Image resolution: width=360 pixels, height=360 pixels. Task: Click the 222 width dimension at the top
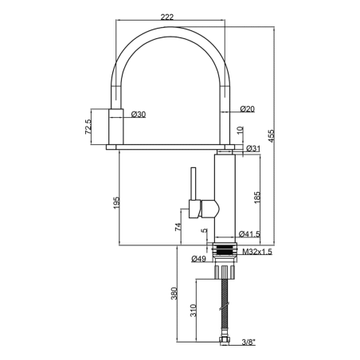(167, 17)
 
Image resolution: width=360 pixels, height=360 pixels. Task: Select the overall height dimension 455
(272, 136)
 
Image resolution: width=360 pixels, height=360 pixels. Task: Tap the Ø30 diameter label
(139, 115)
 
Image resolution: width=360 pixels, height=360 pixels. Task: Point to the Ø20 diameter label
(247, 109)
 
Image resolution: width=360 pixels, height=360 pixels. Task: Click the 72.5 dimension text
(88, 127)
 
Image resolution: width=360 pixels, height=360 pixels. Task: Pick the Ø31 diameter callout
(253, 149)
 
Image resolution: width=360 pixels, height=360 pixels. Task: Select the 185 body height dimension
(257, 198)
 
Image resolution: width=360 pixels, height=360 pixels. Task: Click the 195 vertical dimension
(117, 202)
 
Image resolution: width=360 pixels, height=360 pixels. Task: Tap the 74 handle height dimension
(178, 227)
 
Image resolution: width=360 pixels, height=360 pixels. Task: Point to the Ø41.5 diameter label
(249, 234)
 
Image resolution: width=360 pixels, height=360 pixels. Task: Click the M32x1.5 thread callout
(257, 252)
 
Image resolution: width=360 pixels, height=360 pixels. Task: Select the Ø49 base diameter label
(198, 259)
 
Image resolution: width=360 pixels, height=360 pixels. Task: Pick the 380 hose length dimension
(174, 293)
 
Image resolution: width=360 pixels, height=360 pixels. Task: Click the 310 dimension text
(194, 311)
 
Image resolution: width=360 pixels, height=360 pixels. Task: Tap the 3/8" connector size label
(248, 342)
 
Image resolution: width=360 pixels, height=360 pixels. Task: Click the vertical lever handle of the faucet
(194, 183)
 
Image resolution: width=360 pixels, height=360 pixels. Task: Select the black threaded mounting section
(225, 250)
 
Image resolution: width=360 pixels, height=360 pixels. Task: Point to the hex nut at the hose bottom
(225, 341)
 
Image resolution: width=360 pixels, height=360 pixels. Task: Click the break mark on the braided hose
(225, 306)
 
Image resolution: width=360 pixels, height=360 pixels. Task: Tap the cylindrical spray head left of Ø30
(116, 127)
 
